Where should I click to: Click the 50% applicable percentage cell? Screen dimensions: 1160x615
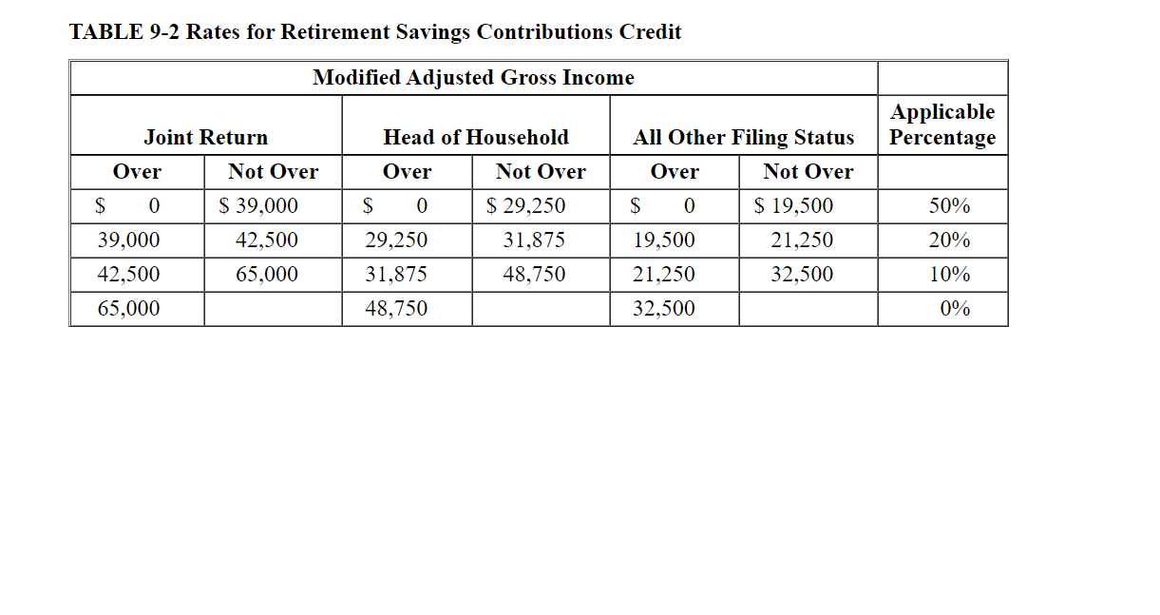click(x=949, y=206)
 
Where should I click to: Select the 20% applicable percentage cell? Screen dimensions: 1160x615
click(x=949, y=240)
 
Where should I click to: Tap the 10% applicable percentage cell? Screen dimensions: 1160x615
click(x=949, y=275)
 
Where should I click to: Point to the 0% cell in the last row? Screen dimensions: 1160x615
click(x=955, y=309)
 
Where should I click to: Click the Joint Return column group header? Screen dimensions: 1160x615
click(x=205, y=138)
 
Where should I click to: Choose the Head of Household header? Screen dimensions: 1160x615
click(x=476, y=138)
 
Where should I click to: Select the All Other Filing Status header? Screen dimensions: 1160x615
click(x=744, y=138)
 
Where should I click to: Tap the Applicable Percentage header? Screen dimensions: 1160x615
click(x=942, y=125)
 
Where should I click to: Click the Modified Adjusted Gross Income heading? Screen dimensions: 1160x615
click(x=473, y=78)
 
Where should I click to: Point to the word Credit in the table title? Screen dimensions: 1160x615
click(x=650, y=32)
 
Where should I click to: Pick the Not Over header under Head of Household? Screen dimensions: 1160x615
click(x=541, y=172)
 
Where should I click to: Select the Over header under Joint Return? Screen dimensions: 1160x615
click(x=137, y=172)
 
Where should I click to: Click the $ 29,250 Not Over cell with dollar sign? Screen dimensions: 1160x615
click(x=525, y=206)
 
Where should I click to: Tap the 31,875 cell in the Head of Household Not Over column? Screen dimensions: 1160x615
click(x=533, y=240)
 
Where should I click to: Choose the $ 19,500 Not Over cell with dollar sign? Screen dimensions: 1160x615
click(x=793, y=206)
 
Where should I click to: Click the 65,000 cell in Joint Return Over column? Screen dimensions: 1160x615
click(x=129, y=309)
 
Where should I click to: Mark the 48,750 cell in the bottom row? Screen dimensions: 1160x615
click(x=396, y=309)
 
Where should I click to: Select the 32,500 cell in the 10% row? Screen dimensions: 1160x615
click(x=802, y=275)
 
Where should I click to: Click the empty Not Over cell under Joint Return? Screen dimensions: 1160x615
click(x=273, y=309)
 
